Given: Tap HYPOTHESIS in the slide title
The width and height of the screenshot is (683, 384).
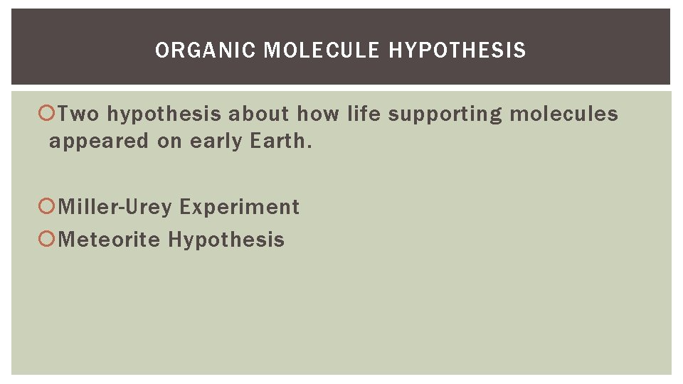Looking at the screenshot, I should (x=458, y=50).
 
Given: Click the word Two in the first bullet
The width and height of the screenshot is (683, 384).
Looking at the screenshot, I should (x=79, y=114).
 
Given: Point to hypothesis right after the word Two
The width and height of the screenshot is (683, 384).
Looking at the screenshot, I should (x=164, y=114).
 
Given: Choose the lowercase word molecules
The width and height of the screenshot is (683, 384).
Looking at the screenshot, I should (x=564, y=114).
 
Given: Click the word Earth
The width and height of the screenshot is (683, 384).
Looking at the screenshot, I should (x=280, y=141).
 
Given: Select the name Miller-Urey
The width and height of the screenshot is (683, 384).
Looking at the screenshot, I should (x=115, y=207).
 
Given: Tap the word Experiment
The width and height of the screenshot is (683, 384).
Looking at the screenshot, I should (x=239, y=207).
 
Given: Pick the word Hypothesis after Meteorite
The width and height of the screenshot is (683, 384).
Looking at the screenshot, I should (x=226, y=239).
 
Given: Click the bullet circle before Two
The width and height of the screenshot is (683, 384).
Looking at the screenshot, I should (x=48, y=114).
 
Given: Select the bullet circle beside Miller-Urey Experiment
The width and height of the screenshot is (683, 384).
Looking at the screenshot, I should (x=48, y=207).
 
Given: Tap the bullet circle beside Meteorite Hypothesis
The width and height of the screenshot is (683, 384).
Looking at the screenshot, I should (x=48, y=239).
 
